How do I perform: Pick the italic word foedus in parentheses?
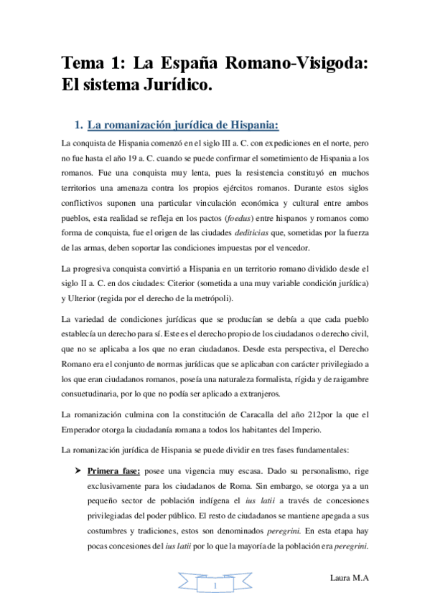click(x=254, y=217)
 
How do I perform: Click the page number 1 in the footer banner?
click(x=215, y=587)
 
